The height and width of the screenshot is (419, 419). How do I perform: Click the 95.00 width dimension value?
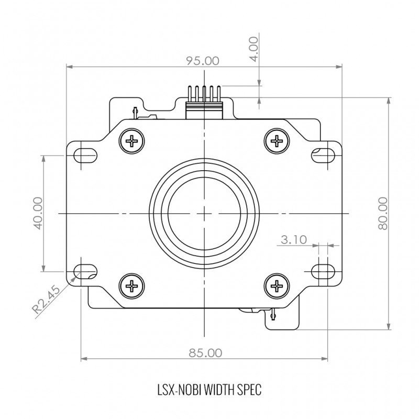203,61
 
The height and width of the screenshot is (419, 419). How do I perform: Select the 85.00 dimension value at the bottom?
205,353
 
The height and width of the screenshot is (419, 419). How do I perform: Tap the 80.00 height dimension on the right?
383,213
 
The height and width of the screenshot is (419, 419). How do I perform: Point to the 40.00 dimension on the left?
39,213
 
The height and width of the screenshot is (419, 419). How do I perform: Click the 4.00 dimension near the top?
255,49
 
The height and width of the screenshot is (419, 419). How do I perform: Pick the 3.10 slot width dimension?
294,240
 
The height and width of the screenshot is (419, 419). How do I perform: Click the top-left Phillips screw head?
132,140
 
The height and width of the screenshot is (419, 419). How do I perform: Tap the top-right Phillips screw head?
277,140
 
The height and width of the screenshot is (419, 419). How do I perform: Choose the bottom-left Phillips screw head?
132,286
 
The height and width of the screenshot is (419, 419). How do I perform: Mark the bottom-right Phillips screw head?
277,286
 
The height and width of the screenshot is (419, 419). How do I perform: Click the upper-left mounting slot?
85,155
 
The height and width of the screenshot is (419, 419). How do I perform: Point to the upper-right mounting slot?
323,155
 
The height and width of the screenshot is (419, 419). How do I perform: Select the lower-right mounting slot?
323,271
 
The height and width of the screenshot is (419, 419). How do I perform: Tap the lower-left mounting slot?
85,271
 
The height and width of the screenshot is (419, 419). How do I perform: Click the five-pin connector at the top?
204,102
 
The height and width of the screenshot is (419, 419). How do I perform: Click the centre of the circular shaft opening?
204,214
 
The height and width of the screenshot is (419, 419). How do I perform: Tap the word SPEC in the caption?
249,390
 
